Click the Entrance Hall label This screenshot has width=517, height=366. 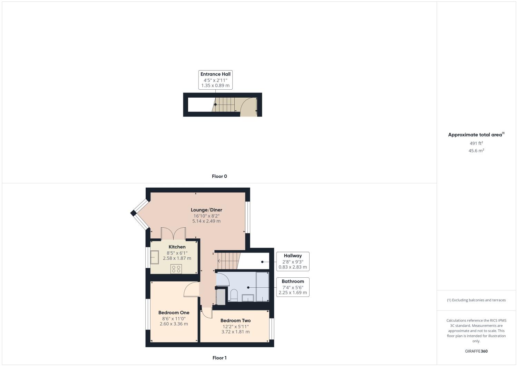point(215,74)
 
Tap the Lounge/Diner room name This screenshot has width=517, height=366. point(206,210)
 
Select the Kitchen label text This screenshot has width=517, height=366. point(177,247)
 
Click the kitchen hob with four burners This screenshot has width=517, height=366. point(176,269)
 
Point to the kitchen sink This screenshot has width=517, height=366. point(154,257)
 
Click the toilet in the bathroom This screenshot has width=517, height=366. point(234,296)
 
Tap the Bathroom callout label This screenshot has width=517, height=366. point(293,281)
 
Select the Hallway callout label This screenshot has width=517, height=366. point(293,256)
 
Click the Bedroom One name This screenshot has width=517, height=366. point(174,313)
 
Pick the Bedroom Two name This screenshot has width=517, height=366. point(235,320)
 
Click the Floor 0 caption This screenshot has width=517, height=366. point(220,176)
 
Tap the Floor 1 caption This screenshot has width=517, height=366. point(220,358)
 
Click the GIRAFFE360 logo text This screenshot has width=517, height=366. point(476,351)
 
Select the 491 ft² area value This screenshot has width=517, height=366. point(476,143)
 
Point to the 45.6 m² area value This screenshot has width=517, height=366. point(476,151)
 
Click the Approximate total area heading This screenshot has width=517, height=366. point(476,135)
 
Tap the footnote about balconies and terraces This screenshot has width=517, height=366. point(476,300)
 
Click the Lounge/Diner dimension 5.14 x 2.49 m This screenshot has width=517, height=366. point(206,221)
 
